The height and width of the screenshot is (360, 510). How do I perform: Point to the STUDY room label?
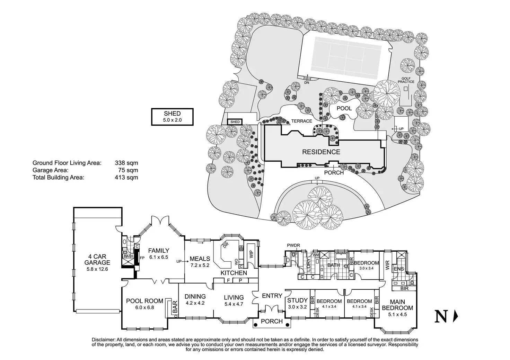297,300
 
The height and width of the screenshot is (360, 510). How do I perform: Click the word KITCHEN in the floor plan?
234,273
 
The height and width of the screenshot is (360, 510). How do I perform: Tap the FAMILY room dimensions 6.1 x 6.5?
159,257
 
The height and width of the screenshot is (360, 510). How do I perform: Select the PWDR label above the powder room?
293,245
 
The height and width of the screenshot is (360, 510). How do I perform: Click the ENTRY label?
272,296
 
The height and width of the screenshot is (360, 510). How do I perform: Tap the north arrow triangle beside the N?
456,316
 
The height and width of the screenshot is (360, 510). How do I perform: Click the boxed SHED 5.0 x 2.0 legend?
172,117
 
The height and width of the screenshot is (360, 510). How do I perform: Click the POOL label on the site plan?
344,108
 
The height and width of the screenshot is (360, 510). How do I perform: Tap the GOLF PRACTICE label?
408,80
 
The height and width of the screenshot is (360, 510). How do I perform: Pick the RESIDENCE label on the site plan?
321,152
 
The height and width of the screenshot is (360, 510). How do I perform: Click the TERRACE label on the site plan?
301,121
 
